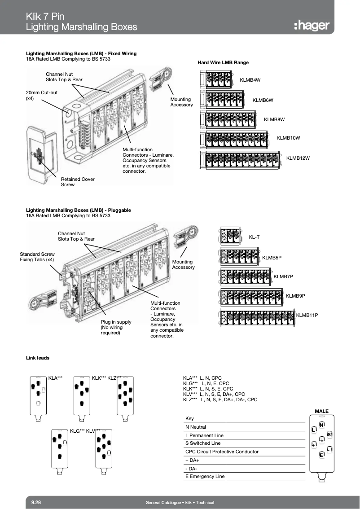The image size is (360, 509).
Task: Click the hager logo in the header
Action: tap(312, 25)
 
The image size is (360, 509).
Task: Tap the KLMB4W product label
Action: tap(250, 80)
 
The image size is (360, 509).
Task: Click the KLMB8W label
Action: tap(274, 119)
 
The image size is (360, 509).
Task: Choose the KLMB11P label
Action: tap(307, 316)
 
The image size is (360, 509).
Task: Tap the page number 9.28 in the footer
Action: tap(36, 502)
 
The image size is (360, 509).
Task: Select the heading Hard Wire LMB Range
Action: tap(223, 62)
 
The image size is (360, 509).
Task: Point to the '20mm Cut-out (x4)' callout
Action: tap(42, 95)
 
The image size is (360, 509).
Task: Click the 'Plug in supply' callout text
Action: tap(116, 327)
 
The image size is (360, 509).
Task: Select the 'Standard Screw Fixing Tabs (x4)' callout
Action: tap(37, 257)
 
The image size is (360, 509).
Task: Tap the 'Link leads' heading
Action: tap(38, 358)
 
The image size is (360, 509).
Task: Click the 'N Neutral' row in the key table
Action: tap(196, 427)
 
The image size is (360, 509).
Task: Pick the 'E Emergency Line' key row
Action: tap(205, 476)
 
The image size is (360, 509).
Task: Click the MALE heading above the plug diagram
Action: tap(321, 411)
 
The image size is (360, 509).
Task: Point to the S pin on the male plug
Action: tap(329, 434)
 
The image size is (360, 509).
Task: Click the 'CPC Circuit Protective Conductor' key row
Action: tap(222, 452)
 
